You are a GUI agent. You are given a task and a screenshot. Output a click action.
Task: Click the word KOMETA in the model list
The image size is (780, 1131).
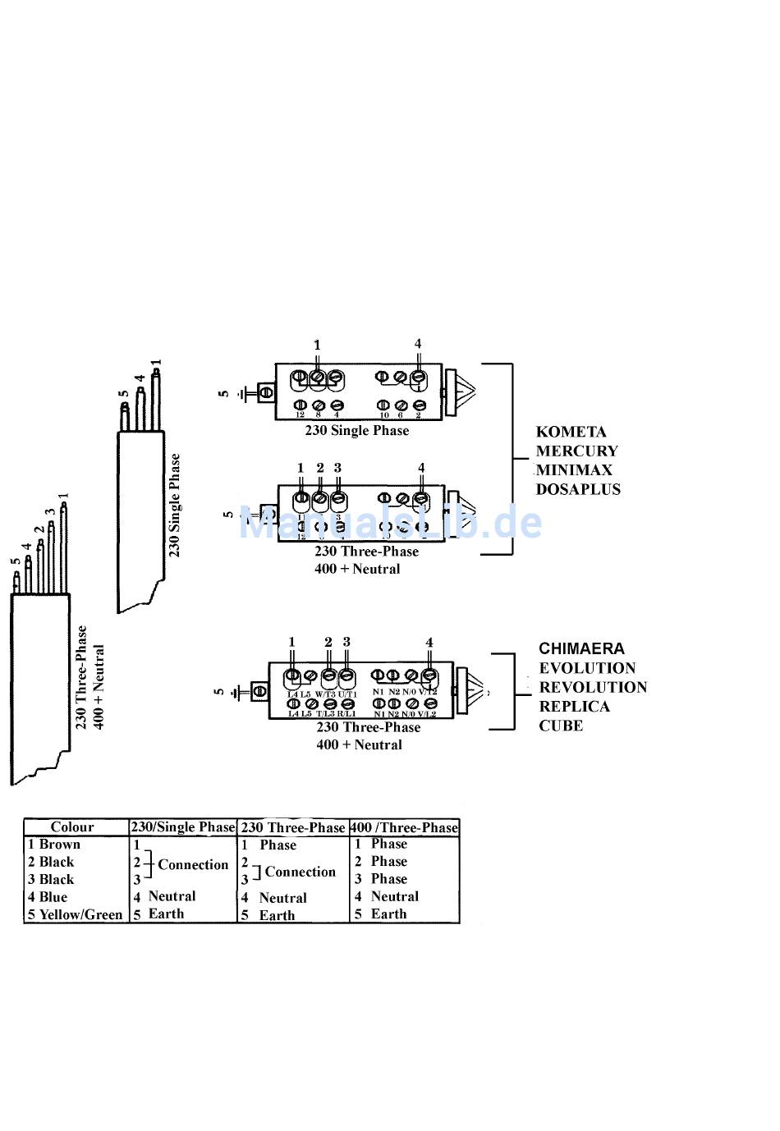tap(571, 432)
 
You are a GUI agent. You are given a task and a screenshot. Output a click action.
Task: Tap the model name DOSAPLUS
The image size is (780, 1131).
tap(578, 489)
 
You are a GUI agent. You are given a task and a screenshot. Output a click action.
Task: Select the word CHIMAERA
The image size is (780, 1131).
tap(581, 648)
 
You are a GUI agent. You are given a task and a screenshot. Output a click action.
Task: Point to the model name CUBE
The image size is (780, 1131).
tap(561, 726)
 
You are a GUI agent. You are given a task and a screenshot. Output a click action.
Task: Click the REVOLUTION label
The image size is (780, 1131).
tap(593, 687)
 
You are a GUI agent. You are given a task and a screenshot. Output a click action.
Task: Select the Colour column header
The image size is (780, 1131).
tap(72, 827)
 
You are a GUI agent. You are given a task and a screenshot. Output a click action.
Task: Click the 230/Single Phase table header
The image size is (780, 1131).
tap(183, 827)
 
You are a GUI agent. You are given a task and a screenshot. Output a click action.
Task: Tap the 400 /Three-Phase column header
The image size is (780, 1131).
tap(404, 827)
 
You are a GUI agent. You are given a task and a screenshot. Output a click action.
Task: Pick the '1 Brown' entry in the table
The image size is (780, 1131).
tap(54, 845)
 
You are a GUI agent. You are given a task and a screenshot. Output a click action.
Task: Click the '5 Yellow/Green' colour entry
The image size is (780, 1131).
tap(75, 914)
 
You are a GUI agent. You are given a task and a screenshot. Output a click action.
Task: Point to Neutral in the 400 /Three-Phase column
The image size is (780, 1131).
tap(394, 896)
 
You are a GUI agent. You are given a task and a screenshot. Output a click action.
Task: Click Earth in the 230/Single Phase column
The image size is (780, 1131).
tap(166, 913)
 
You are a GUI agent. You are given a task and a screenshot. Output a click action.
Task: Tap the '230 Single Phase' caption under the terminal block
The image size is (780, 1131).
tap(356, 430)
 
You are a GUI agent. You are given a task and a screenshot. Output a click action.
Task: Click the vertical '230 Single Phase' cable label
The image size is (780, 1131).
tap(174, 505)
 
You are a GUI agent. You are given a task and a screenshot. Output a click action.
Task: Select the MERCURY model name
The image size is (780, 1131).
tap(576, 451)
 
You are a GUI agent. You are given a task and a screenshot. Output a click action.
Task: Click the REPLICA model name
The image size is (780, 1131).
tap(574, 707)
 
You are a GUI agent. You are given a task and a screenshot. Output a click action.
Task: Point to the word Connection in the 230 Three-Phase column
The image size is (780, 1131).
tap(300, 872)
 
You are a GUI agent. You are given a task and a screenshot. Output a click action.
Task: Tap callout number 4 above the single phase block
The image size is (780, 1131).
tap(418, 344)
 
